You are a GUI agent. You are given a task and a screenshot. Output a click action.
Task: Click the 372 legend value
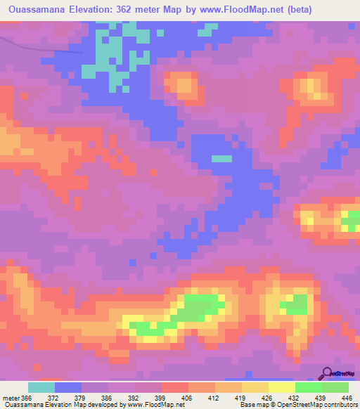[x=53, y=398]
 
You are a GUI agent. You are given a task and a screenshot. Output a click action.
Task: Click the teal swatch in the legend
[x=41, y=387]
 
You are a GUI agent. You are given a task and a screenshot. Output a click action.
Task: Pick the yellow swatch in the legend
[x=281, y=387]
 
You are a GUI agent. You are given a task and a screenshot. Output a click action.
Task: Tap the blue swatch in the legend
[x=68, y=387]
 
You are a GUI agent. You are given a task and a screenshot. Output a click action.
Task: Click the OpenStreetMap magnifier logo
[x=326, y=373]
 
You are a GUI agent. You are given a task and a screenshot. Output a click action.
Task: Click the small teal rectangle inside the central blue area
[x=221, y=159]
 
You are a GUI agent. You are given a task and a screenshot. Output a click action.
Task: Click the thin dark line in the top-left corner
[x=42, y=48]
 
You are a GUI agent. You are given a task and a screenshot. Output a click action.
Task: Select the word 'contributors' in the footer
[x=340, y=405]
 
